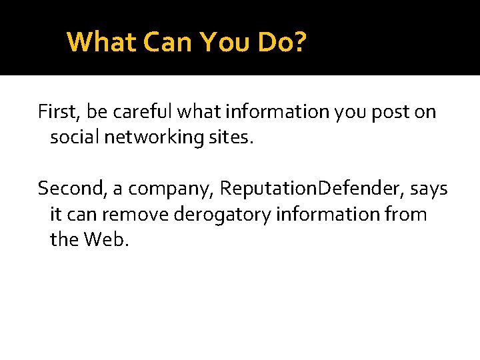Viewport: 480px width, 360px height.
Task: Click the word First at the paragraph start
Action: (x=57, y=111)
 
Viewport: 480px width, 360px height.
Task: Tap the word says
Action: (x=429, y=189)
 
